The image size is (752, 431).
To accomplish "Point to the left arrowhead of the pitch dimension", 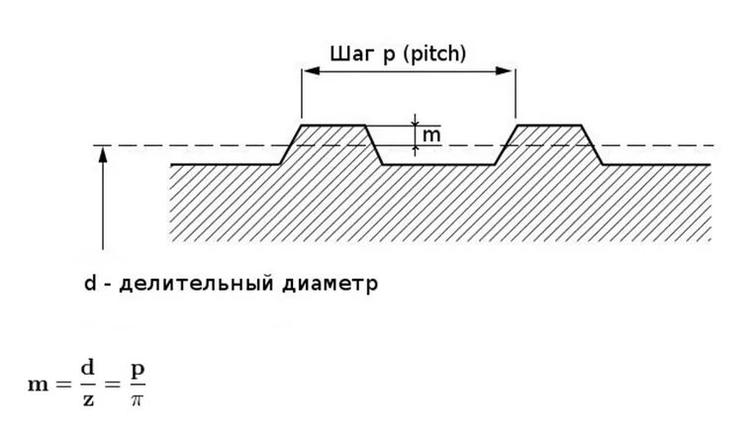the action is (x=308, y=70).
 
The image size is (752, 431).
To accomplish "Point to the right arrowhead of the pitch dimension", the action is (x=509, y=70).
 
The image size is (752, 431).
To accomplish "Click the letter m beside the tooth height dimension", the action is (x=430, y=134).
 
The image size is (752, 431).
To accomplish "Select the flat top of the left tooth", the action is (x=332, y=126).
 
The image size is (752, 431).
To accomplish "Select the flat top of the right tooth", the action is (x=549, y=126).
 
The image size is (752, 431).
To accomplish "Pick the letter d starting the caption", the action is (x=89, y=284).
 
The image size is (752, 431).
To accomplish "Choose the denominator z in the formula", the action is (x=87, y=398).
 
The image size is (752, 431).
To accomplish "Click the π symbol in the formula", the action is (x=138, y=398).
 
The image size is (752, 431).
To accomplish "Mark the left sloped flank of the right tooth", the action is (x=505, y=144).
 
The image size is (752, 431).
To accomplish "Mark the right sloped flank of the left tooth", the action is (x=374, y=144).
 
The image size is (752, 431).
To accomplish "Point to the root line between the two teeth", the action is (x=438, y=164).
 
